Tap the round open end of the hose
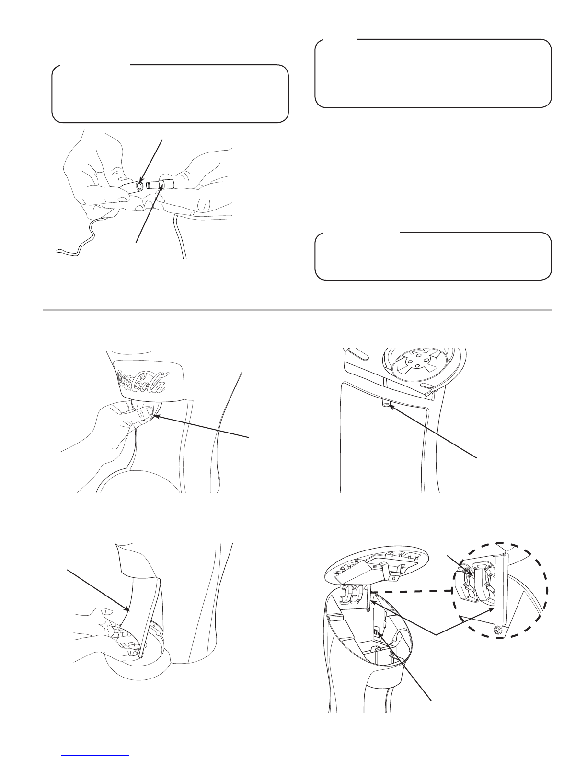tap(140, 186)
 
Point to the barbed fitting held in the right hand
tap(161, 184)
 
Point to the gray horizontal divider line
tap(297, 310)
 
